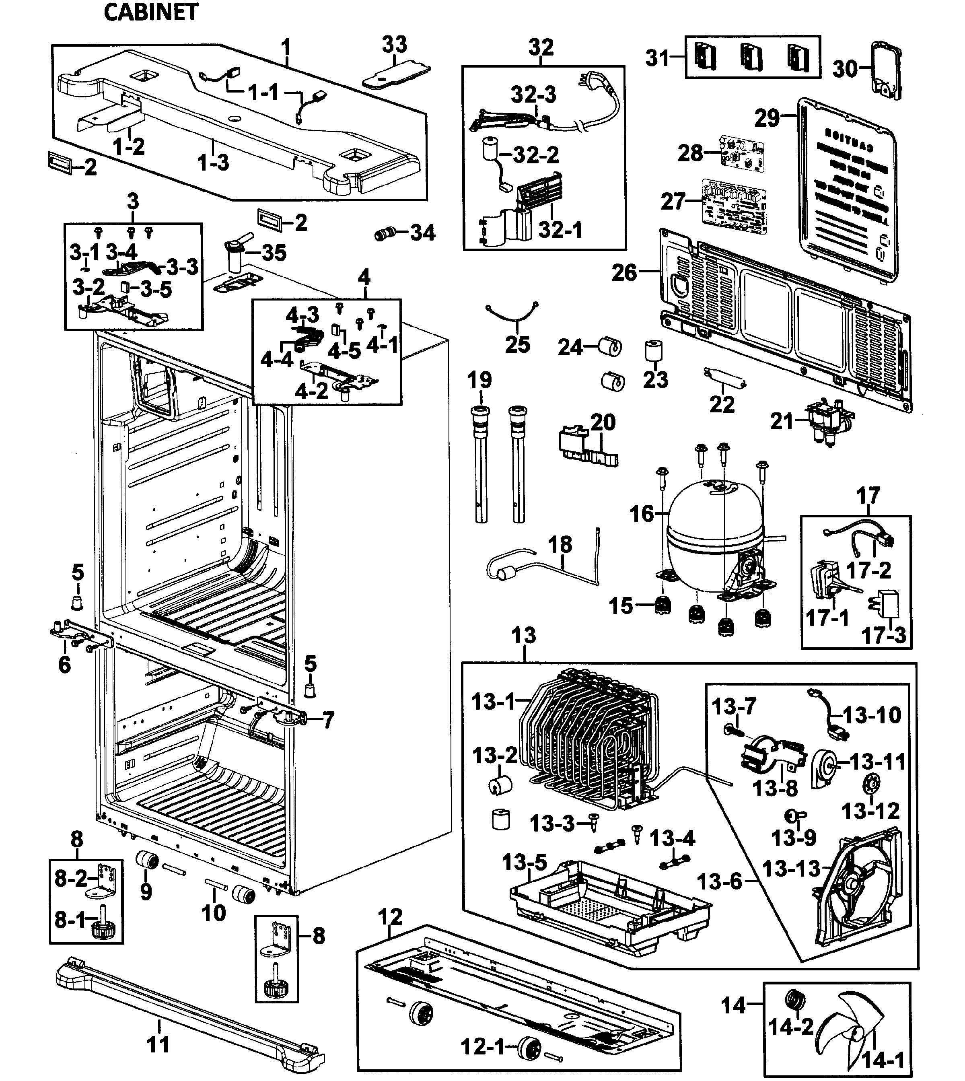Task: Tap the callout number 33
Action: (x=395, y=45)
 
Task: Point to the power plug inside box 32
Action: (x=590, y=83)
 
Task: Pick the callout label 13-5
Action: (x=525, y=863)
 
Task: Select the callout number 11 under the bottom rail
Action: (x=158, y=1044)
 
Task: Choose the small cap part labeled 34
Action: (x=385, y=233)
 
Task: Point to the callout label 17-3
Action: (x=884, y=634)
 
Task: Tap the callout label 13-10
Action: (x=872, y=715)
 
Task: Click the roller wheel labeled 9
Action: (x=147, y=859)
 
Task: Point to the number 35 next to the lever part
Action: (x=274, y=253)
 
